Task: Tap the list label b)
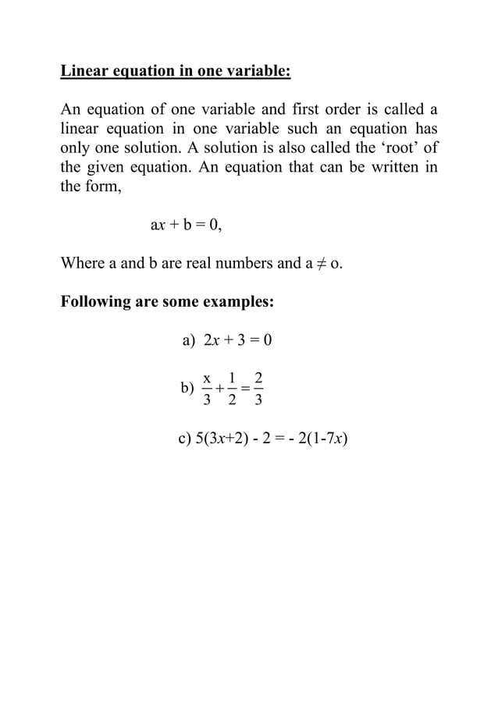pos(187,387)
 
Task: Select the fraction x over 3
pos(207,389)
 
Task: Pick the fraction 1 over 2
pos(232,389)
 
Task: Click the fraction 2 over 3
pos(258,389)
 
